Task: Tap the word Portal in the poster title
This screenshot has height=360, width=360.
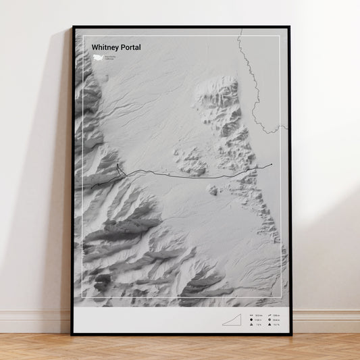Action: click(132, 47)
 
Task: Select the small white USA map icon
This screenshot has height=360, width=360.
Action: click(97, 57)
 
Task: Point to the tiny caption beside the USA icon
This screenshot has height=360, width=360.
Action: click(110, 57)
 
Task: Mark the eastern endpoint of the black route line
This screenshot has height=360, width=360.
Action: click(272, 165)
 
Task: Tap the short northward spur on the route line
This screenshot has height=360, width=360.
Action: click(118, 168)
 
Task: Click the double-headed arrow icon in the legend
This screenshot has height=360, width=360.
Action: click(251, 316)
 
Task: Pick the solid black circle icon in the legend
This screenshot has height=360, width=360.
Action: click(251, 320)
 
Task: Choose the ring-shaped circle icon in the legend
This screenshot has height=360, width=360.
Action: click(269, 320)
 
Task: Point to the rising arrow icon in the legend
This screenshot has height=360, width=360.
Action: click(269, 316)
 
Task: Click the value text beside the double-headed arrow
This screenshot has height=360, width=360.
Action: click(257, 316)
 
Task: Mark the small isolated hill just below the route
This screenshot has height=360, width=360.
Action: click(213, 190)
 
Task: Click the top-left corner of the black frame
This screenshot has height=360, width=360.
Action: click(72, 27)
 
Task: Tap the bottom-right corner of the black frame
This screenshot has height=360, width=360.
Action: click(290, 334)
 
